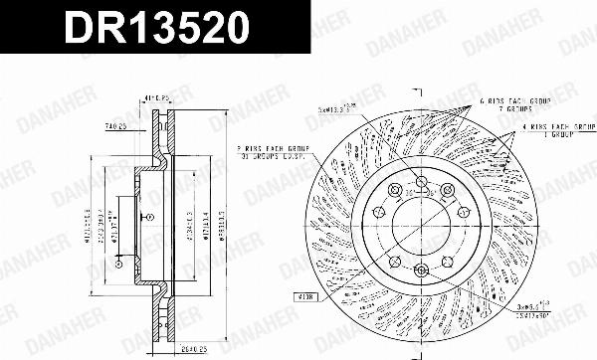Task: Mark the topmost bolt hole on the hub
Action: [x=420, y=181]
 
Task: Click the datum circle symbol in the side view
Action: [x=118, y=261]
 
